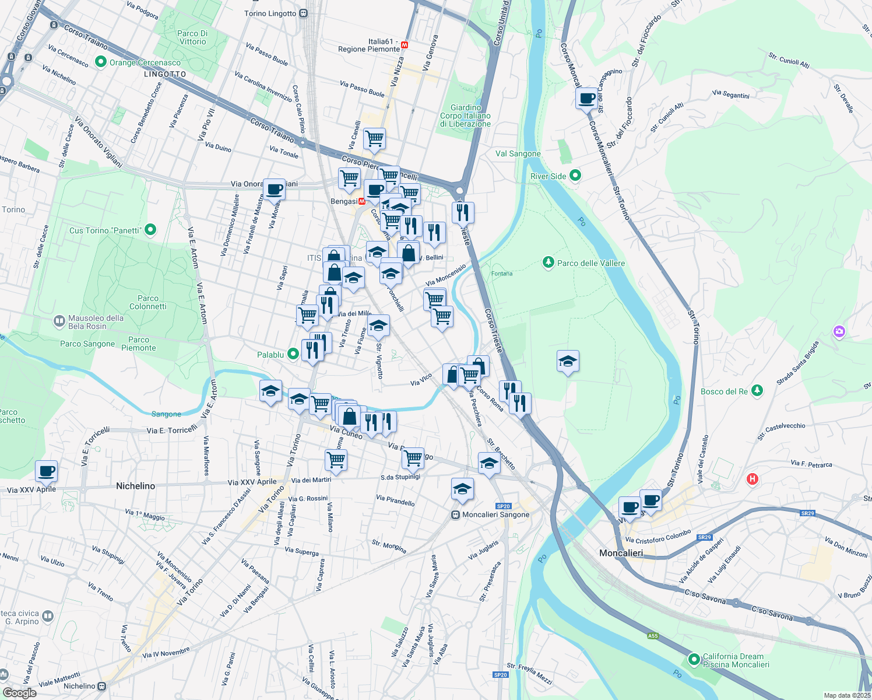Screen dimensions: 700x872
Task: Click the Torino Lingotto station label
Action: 270,13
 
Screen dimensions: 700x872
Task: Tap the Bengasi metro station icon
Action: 362,201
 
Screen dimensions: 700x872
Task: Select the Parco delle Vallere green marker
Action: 548,262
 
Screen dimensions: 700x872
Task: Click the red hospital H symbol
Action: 752,479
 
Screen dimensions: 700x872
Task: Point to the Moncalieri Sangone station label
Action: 495,514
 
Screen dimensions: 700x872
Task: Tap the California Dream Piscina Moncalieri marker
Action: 694,660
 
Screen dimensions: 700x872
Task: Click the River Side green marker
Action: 575,176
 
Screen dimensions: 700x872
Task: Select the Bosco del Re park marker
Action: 757,391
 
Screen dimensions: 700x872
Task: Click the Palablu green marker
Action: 293,353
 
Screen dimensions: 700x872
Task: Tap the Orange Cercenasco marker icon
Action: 101,62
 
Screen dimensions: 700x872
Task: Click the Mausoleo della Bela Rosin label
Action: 96,322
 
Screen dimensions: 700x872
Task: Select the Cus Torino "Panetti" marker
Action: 150,230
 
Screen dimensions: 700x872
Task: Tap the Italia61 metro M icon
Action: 405,45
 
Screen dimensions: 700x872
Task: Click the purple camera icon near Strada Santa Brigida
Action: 839,332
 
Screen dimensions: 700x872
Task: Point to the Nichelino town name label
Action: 135,486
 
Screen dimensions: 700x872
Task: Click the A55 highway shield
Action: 652,635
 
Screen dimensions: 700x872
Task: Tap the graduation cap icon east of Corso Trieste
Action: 567,361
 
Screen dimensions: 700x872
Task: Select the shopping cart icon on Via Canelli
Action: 374,139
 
